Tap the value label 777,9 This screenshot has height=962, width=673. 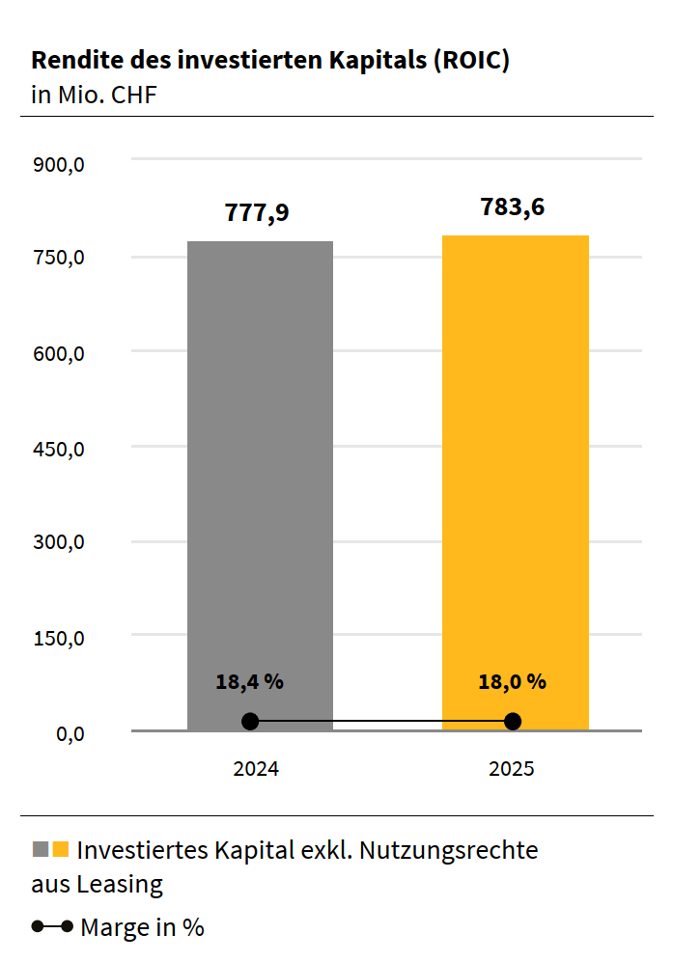[257, 212]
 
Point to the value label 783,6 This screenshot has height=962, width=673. [513, 206]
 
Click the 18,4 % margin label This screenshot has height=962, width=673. [249, 681]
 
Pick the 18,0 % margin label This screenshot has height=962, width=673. [512, 681]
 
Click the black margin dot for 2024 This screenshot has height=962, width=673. [250, 722]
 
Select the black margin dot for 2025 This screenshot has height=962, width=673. [513, 722]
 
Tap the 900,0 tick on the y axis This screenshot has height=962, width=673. [60, 164]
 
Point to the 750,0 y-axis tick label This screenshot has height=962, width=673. [60, 259]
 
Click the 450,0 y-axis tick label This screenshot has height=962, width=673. [60, 449]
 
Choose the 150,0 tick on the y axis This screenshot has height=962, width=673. [60, 639]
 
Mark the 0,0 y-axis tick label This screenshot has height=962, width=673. [70, 734]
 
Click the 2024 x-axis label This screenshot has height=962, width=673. [256, 770]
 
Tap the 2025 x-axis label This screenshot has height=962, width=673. [512, 770]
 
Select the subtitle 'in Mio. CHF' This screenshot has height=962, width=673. [94, 95]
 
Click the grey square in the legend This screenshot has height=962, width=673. [41, 849]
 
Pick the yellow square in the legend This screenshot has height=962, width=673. [61, 849]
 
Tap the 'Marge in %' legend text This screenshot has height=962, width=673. [142, 927]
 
